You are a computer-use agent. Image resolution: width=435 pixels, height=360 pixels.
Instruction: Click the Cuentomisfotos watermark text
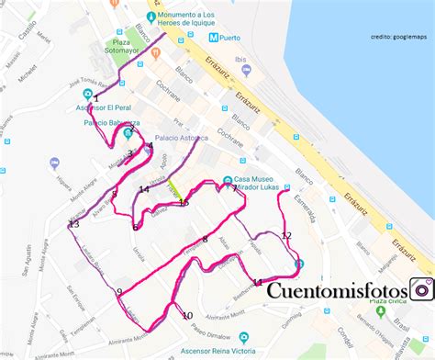(337, 291)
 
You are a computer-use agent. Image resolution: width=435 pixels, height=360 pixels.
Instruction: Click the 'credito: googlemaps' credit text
(400, 38)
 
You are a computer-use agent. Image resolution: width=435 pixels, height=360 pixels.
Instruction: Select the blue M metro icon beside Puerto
(213, 39)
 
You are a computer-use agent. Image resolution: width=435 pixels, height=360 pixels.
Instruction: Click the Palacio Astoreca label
(181, 139)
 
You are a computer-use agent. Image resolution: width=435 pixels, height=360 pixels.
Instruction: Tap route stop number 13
(74, 224)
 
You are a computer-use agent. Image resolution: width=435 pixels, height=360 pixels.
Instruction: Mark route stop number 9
(118, 292)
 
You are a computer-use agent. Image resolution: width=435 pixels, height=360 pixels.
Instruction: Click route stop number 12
(286, 236)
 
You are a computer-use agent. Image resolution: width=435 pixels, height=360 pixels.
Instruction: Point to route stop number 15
(184, 202)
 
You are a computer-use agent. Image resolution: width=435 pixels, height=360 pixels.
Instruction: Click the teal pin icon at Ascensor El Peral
(87, 94)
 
